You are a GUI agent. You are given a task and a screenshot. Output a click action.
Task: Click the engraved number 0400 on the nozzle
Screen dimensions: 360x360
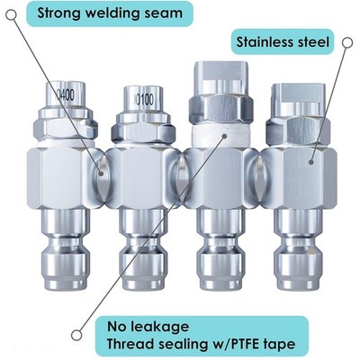[66, 94]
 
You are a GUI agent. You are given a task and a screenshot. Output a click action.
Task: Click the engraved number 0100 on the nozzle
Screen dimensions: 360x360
[145, 100]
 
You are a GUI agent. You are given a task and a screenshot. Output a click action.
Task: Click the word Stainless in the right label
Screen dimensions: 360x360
[261, 41]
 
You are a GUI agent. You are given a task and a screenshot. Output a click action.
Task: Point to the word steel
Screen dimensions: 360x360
[310, 41]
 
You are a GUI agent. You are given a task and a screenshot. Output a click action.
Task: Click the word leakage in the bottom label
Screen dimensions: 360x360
[160, 327]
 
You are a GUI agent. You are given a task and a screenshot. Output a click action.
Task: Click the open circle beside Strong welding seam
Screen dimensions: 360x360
[11, 15]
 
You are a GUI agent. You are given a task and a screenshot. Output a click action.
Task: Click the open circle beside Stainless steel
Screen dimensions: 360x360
[347, 43]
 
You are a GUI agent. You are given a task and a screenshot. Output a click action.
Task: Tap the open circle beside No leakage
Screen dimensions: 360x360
[76, 335]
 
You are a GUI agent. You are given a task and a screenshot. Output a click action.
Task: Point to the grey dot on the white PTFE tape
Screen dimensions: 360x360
[224, 136]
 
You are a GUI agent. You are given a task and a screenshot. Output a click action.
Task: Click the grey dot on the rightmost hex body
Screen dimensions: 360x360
[311, 162]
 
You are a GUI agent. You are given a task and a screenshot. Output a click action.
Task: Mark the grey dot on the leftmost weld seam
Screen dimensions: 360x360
[101, 173]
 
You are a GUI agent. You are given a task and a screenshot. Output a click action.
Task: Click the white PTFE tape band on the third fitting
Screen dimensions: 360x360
[220, 136]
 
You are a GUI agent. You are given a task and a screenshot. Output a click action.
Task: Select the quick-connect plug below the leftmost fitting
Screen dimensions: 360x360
[66, 250]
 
